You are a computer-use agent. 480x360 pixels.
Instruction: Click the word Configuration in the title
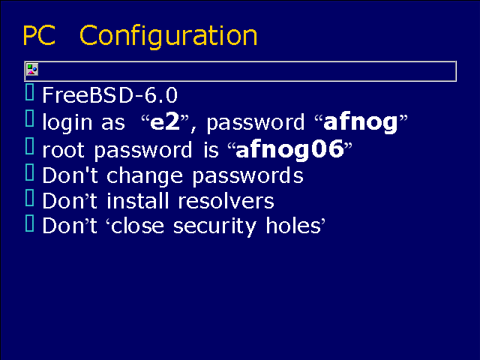click(168, 37)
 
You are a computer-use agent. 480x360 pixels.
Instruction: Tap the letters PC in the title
click(39, 35)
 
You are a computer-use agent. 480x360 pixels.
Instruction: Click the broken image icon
click(32, 70)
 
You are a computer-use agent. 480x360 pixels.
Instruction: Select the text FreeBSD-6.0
click(109, 95)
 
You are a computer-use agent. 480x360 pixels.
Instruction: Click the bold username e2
click(165, 121)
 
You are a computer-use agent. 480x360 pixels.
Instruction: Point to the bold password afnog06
click(289, 149)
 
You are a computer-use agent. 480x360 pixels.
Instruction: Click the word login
click(67, 122)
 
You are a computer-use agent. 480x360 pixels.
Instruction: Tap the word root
click(63, 150)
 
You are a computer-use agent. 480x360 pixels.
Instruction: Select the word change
click(145, 175)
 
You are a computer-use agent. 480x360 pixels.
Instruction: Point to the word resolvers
click(226, 201)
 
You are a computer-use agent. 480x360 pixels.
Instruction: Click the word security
click(214, 226)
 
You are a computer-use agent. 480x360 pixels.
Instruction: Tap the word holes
click(293, 226)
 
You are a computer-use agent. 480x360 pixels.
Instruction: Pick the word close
click(137, 226)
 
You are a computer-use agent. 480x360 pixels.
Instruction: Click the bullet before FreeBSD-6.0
click(30, 91)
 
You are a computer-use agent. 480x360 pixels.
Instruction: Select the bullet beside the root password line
click(30, 146)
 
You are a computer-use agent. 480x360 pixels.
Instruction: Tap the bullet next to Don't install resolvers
click(30, 198)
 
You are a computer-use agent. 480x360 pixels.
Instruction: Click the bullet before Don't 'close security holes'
click(30, 223)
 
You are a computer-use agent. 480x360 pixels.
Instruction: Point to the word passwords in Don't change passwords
click(247, 176)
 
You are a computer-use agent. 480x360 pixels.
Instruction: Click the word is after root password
click(211, 149)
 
